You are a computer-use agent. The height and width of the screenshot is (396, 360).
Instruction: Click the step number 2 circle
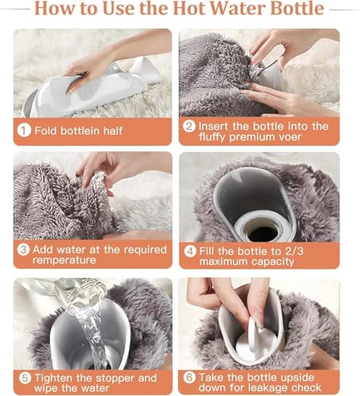[x=189, y=127]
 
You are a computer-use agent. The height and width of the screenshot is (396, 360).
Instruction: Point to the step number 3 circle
[x=25, y=250]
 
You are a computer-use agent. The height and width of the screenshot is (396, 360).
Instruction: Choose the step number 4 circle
[x=189, y=252]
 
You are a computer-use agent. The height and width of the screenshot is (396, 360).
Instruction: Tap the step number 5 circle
[x=25, y=378]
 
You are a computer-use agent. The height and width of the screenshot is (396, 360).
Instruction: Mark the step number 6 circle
[x=189, y=378]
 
